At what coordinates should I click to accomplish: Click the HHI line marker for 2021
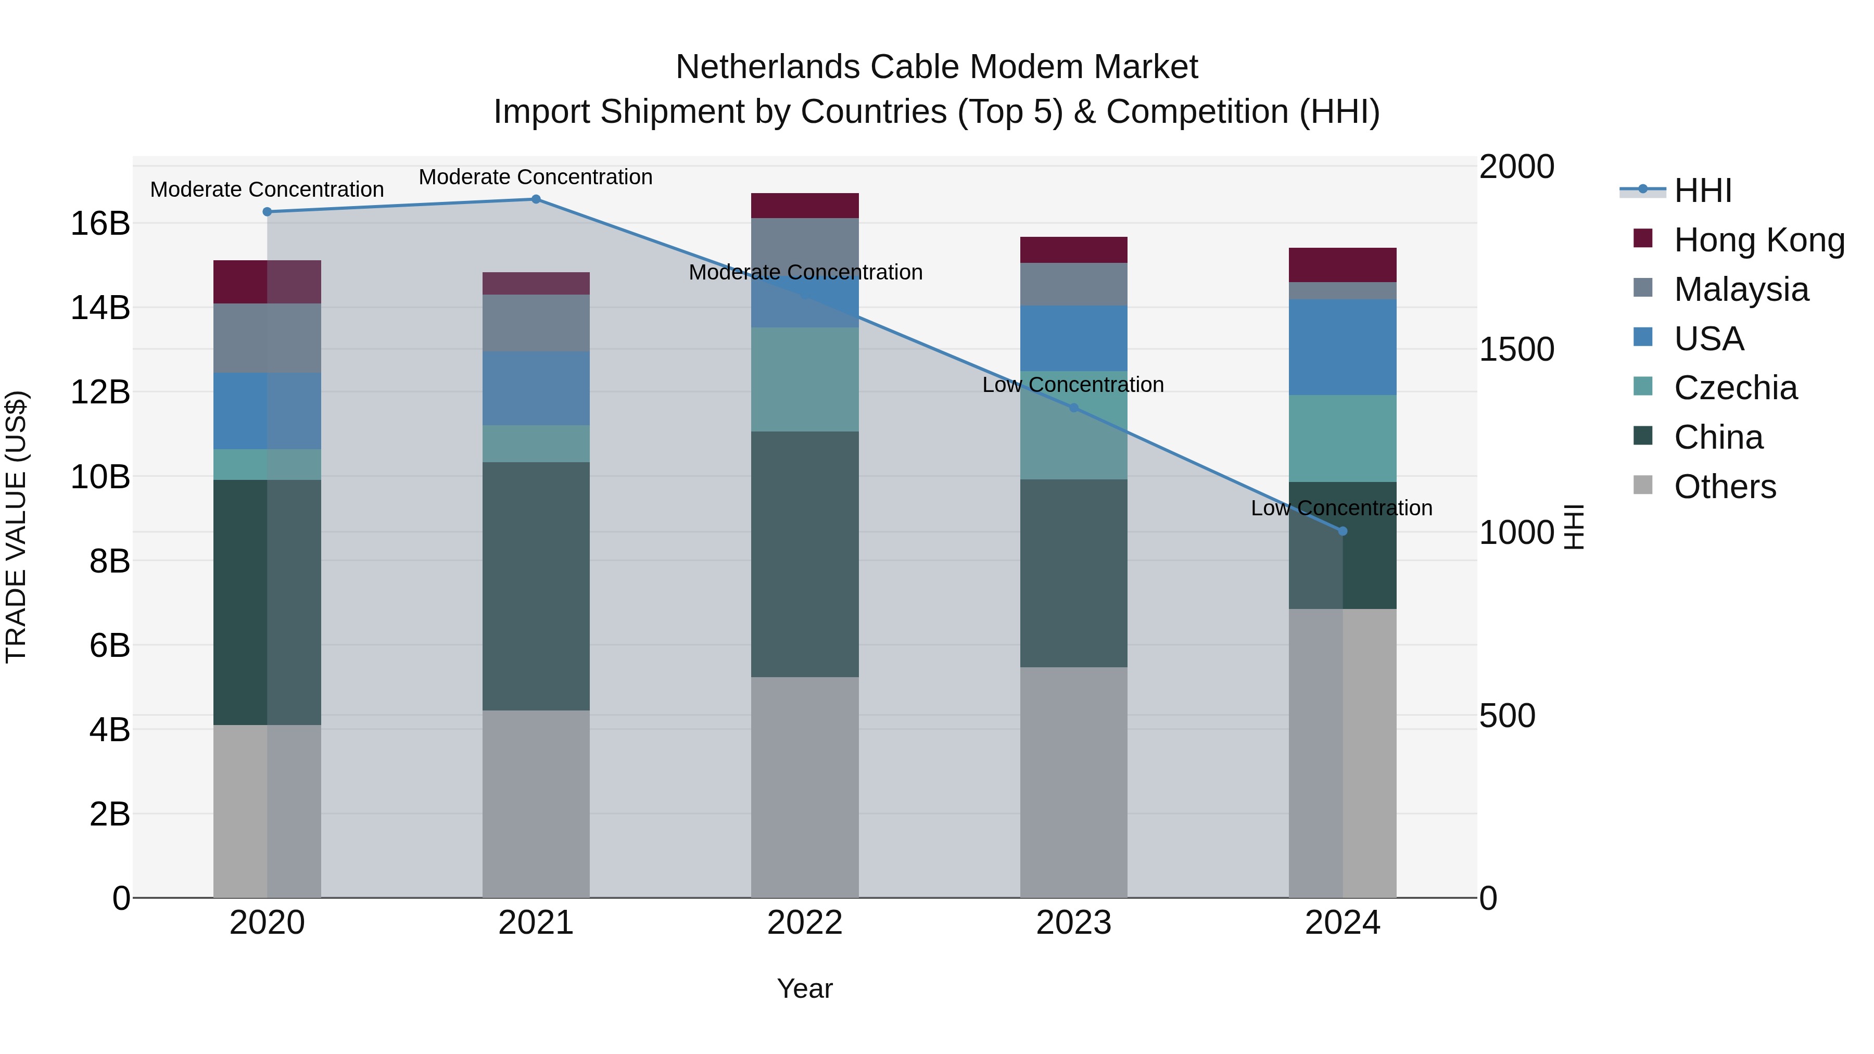[536, 199]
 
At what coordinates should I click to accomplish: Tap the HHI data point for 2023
[1074, 408]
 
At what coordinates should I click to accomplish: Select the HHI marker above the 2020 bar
[267, 212]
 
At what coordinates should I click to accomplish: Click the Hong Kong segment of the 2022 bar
[805, 205]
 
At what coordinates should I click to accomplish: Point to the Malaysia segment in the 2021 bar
[536, 323]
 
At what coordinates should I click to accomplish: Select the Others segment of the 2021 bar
[536, 803]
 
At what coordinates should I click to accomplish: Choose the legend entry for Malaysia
[1740, 289]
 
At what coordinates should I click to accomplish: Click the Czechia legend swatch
[1643, 386]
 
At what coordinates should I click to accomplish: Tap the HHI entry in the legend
[1702, 191]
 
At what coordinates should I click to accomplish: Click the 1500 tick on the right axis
[1517, 349]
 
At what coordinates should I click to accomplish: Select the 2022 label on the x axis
[805, 922]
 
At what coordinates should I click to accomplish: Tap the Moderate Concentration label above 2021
[536, 177]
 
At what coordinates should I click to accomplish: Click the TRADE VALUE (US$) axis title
[16, 527]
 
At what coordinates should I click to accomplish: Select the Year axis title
[805, 988]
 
